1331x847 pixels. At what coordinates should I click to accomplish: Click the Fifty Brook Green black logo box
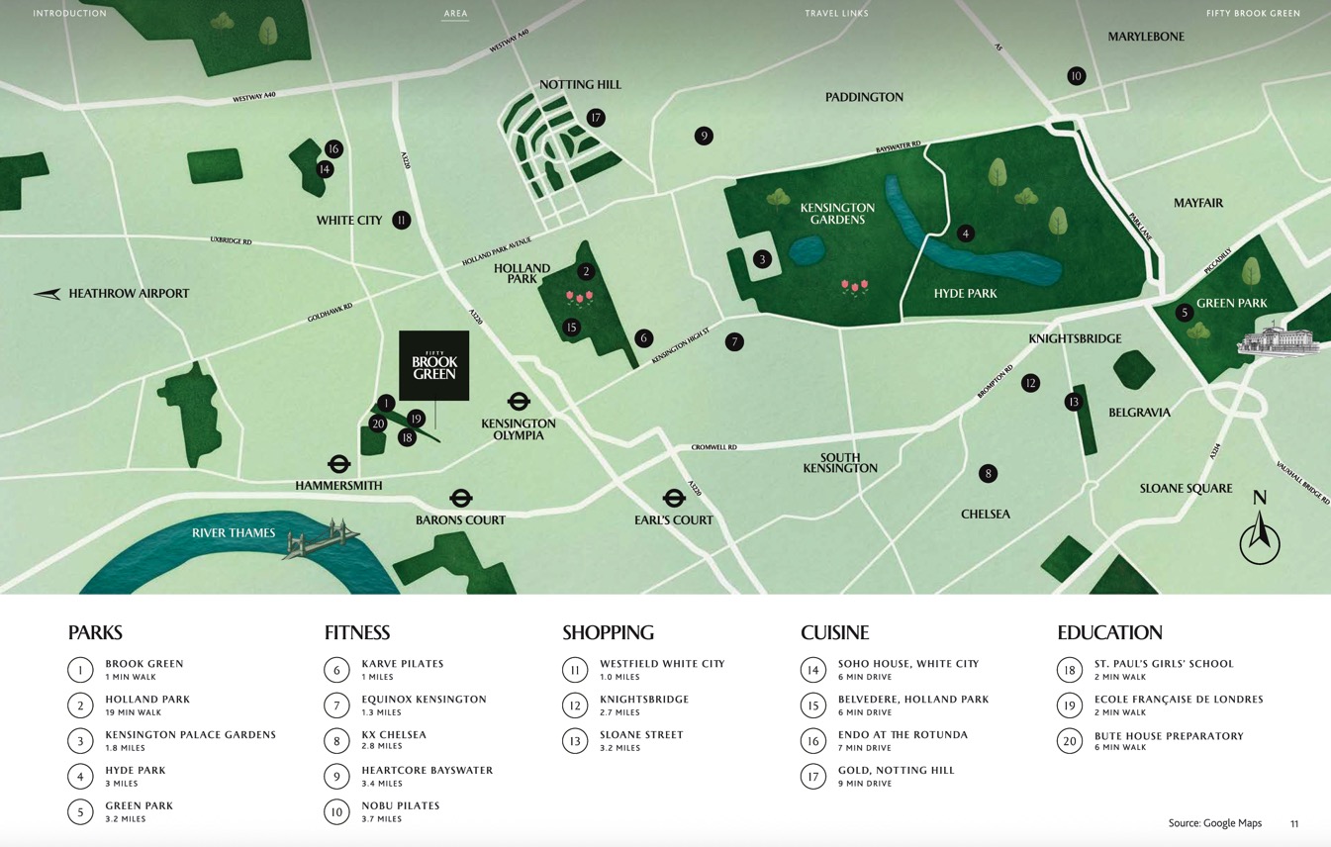click(x=433, y=365)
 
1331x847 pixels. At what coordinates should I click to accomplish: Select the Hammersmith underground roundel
click(x=339, y=464)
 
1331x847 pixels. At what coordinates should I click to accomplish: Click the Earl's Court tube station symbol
click(x=674, y=498)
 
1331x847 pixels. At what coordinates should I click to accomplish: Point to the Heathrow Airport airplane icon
click(x=48, y=294)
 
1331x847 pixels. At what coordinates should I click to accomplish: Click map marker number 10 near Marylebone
click(x=1076, y=76)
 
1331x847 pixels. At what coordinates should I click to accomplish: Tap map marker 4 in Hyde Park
click(x=966, y=234)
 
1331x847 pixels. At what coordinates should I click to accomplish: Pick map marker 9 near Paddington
click(x=704, y=136)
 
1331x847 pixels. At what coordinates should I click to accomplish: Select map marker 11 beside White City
click(x=401, y=220)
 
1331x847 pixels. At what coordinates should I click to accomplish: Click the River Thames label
click(x=234, y=533)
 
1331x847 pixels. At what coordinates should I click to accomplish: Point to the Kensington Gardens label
click(x=837, y=214)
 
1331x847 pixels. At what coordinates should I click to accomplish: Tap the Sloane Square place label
click(x=1186, y=488)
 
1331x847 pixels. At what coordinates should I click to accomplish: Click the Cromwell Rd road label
click(x=713, y=447)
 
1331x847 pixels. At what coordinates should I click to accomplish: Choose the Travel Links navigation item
click(x=836, y=14)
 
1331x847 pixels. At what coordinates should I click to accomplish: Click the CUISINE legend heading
click(x=834, y=632)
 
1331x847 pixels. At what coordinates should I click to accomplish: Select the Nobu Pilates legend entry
click(x=400, y=805)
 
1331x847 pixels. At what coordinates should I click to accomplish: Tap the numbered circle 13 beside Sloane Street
click(x=575, y=741)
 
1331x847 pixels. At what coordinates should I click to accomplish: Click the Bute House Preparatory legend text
click(x=1168, y=736)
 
